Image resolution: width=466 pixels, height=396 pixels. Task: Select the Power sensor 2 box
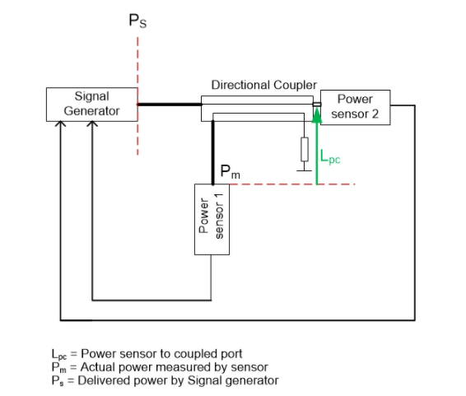point(355,107)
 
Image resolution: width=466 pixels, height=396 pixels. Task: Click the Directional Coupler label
point(263,85)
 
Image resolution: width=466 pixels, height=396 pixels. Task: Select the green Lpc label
point(329,157)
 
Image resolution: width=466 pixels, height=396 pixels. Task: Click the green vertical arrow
point(317,148)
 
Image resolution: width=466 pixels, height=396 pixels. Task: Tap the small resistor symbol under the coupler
point(304,149)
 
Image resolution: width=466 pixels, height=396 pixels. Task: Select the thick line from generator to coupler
point(169,105)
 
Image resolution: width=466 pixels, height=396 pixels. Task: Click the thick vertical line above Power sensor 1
point(212,152)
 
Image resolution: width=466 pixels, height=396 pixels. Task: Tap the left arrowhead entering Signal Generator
point(60,126)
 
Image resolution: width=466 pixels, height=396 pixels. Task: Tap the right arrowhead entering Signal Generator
point(93,126)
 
